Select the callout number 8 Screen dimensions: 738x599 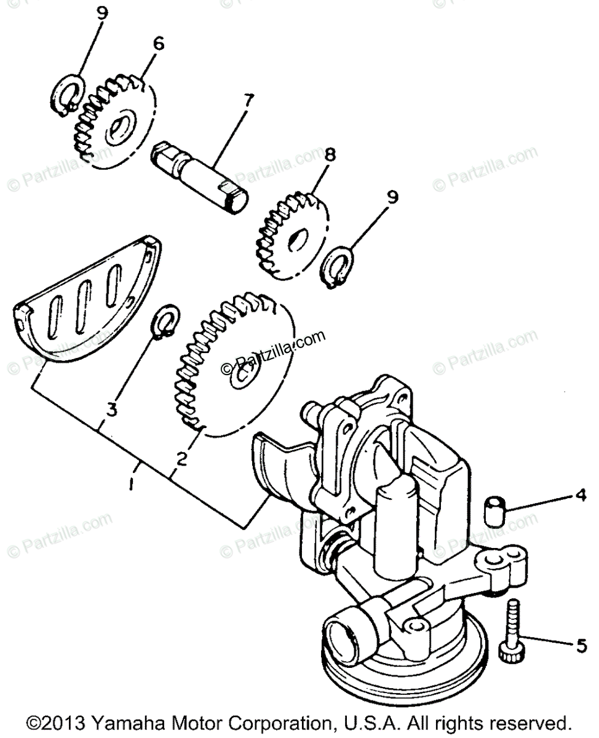(331, 154)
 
